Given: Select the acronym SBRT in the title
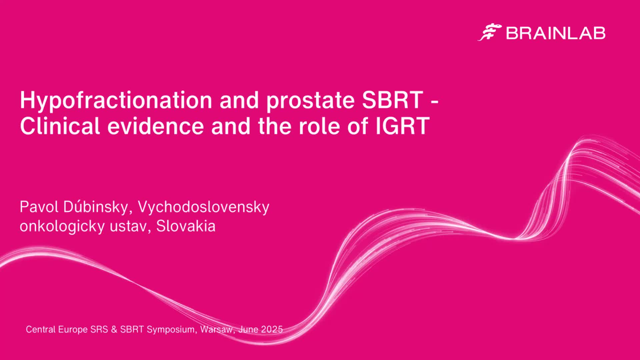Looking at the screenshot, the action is (393, 100).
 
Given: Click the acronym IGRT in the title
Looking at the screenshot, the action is (402, 126).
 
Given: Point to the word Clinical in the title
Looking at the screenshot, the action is (60, 126).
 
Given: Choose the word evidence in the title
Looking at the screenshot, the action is (156, 126).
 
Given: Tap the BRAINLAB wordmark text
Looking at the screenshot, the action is (556, 33).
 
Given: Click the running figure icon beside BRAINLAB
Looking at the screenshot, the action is (490, 33).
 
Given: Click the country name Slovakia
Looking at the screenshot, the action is (186, 226).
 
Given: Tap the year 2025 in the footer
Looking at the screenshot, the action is (272, 329).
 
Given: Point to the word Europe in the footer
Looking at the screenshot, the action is (73, 330).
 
